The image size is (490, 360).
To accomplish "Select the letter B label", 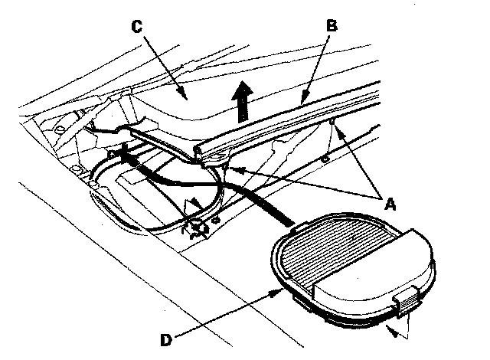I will click(332, 25).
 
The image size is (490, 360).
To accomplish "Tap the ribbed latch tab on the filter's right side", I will click(405, 303).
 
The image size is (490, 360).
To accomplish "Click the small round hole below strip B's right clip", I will click(325, 159).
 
